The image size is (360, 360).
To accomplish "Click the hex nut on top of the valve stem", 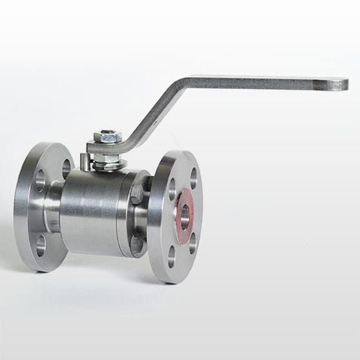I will click(x=106, y=137).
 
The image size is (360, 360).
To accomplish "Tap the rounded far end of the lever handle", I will click(x=338, y=84).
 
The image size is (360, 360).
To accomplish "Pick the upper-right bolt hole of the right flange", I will click(x=194, y=179).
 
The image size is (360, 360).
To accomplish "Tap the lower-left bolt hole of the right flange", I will click(x=172, y=257).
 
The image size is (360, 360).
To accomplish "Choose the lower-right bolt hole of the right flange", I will click(x=192, y=243).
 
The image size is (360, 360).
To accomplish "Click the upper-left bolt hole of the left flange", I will click(x=40, y=180).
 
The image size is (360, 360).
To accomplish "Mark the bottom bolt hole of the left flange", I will click(x=41, y=245).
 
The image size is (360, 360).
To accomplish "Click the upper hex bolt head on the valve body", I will click(x=138, y=195).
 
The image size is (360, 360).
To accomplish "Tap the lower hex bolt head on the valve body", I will click(x=137, y=244).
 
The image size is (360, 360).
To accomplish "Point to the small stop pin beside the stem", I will click(x=85, y=160).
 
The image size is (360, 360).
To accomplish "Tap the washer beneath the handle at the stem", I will click(x=108, y=159).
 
